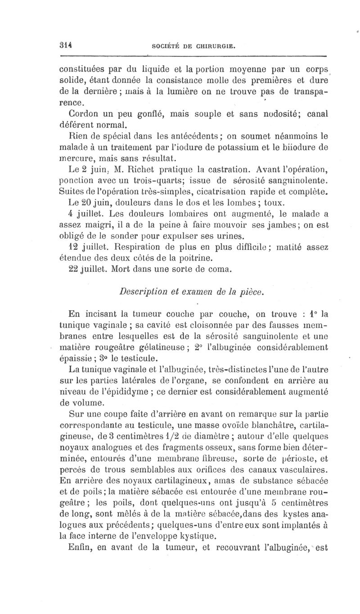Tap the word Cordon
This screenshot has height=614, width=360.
coord(84,112)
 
